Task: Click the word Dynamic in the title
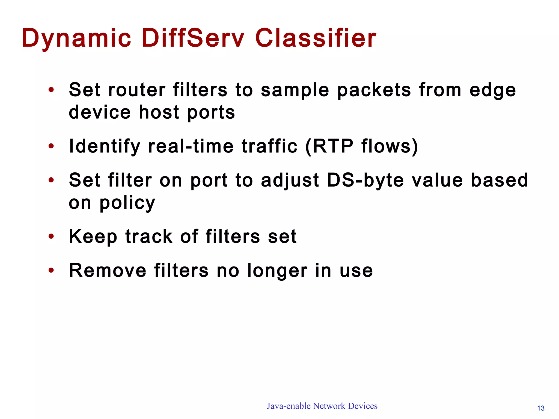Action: click(x=76, y=38)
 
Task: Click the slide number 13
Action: click(x=541, y=408)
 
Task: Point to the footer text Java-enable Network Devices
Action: click(x=322, y=406)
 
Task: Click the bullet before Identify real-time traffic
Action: click(x=51, y=146)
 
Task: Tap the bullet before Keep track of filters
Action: click(x=51, y=237)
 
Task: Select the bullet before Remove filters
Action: click(x=51, y=271)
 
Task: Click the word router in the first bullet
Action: click(x=137, y=90)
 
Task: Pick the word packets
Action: click(x=374, y=90)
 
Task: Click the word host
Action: click(x=159, y=112)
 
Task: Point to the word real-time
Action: click(x=191, y=146)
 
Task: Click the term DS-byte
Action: click(x=365, y=181)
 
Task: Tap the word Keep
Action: click(x=93, y=237)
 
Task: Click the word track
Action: click(x=149, y=236)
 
